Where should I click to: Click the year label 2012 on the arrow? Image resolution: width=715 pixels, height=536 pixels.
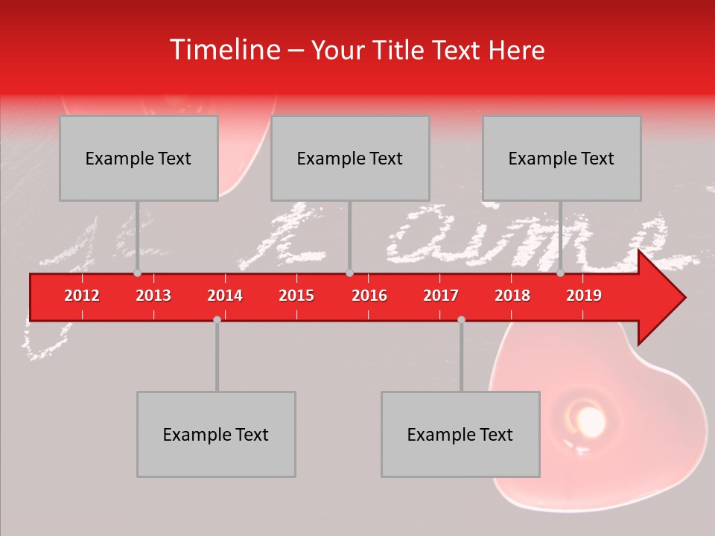[x=82, y=296]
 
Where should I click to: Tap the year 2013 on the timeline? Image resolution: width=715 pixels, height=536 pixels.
[x=153, y=296]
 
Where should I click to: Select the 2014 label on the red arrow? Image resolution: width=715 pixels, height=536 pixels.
[x=225, y=296]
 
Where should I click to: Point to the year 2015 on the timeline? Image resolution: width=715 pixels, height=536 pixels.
[x=296, y=296]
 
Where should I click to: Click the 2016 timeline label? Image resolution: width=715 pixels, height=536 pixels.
[x=369, y=296]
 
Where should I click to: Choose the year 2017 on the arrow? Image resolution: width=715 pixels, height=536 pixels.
[x=441, y=296]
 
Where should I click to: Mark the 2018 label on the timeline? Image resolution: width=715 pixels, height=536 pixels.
[x=512, y=296]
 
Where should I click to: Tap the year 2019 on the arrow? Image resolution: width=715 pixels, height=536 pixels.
[x=584, y=296]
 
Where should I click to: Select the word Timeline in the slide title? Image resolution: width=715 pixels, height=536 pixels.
[x=223, y=50]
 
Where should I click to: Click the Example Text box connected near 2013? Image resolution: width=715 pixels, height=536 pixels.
[x=139, y=158]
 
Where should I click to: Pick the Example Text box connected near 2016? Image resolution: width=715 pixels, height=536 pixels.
[x=350, y=158]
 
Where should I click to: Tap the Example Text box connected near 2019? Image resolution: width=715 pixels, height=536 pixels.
[x=562, y=158]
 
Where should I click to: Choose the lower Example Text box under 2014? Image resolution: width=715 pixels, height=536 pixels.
[x=216, y=434]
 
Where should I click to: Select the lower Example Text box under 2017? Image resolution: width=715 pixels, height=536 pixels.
[x=460, y=434]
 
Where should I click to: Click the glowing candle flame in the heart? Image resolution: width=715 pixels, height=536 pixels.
[x=588, y=421]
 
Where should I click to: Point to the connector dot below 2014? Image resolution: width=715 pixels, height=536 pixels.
[x=217, y=319]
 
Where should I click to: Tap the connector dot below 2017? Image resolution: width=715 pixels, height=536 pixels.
[x=461, y=319]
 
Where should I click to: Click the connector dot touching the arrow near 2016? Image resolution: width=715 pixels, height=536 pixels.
[x=349, y=273]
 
